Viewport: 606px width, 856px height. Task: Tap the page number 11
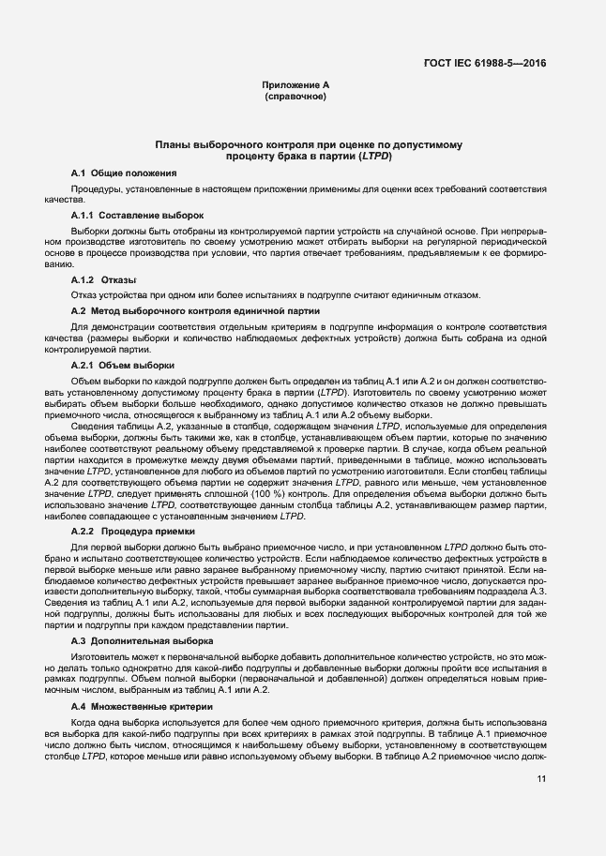pyautogui.click(x=541, y=778)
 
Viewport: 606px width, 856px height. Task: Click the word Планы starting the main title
pyautogui.click(x=173, y=145)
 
